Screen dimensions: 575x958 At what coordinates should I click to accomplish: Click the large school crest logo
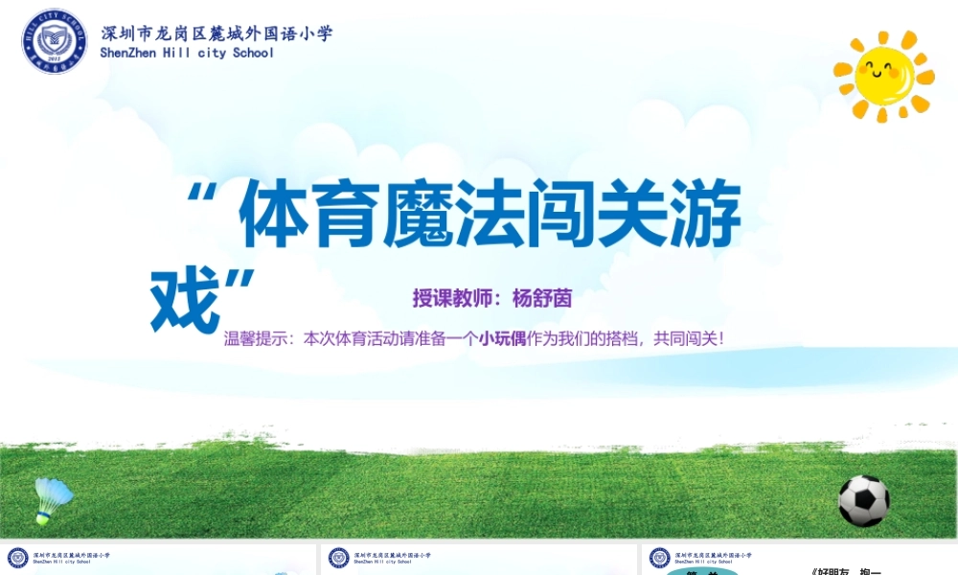pos(55,42)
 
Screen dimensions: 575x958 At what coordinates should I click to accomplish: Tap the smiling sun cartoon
pos(884,75)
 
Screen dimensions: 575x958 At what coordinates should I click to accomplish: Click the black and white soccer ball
pos(863,500)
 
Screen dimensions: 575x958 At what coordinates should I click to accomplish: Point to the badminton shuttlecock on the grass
pos(53,499)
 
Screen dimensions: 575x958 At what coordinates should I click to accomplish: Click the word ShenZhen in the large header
pos(128,54)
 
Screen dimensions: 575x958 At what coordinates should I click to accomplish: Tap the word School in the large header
pos(253,54)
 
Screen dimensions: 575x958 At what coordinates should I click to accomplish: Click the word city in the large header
pos(212,54)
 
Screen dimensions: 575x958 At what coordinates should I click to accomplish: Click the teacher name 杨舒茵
pos(542,298)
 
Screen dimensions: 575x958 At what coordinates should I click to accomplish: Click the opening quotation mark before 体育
pos(202,196)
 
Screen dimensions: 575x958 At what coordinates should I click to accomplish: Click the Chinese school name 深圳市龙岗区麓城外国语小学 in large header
pos(217,34)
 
